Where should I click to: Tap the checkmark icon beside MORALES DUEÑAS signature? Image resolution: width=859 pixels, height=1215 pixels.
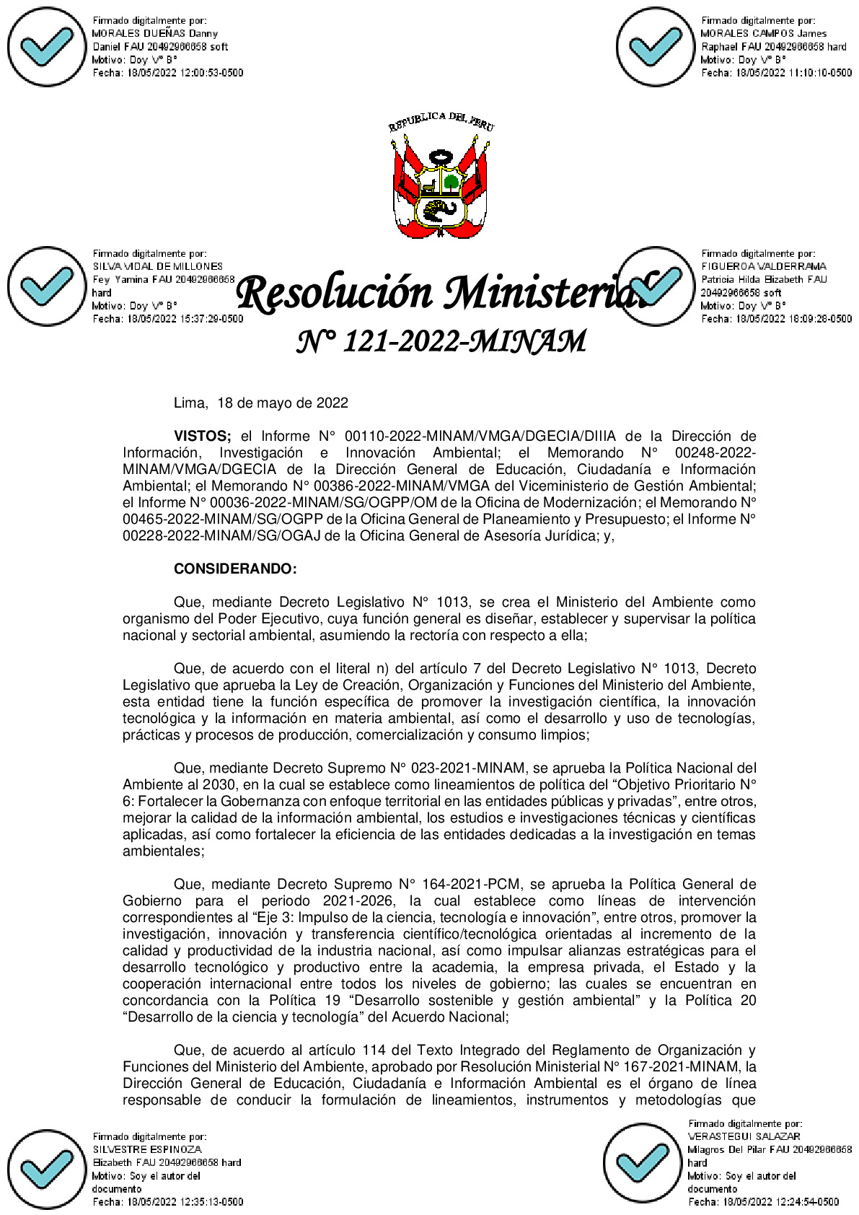coord(47,48)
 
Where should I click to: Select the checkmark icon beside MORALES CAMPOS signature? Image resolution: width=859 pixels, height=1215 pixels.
coord(656,48)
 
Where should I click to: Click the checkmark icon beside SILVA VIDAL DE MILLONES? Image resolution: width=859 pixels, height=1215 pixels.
coord(47,286)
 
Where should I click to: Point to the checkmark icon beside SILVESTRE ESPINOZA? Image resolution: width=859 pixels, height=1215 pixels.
coord(47,1170)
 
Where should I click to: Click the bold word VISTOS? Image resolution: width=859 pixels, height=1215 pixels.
coord(202,437)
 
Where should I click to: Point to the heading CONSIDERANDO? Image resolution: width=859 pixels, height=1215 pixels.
coord(235,569)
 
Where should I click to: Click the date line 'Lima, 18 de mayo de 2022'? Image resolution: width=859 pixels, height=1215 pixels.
coord(261,403)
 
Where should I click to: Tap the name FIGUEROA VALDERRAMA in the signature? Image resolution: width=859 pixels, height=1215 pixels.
coord(763,267)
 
